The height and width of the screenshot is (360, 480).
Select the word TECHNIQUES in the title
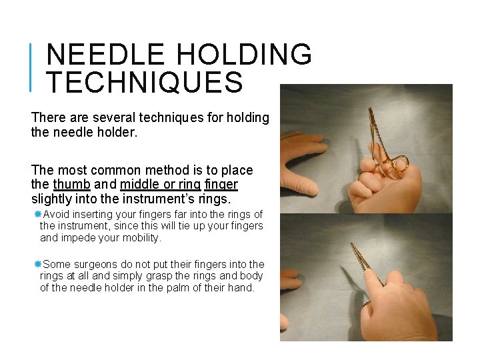coord(145,82)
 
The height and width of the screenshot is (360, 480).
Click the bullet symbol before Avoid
coord(38,214)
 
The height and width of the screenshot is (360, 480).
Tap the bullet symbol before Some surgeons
coord(38,265)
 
